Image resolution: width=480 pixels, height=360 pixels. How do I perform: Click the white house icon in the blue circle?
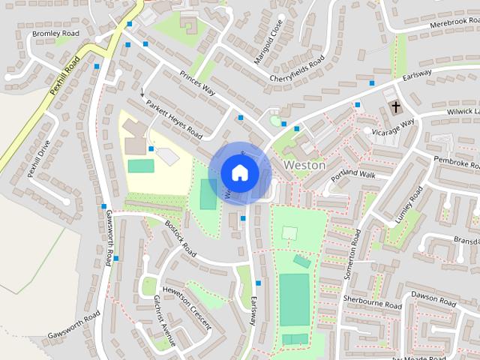(239, 172)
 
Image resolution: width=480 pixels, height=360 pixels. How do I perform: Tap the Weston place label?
(304, 165)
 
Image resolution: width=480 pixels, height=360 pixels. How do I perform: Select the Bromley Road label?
(55, 34)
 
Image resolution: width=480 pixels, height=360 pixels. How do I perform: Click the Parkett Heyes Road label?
(174, 120)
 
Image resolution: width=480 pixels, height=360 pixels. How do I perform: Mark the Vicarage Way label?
(394, 126)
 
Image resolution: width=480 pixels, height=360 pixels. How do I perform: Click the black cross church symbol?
(394, 108)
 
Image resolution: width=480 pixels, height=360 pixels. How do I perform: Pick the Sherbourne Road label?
(373, 302)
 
